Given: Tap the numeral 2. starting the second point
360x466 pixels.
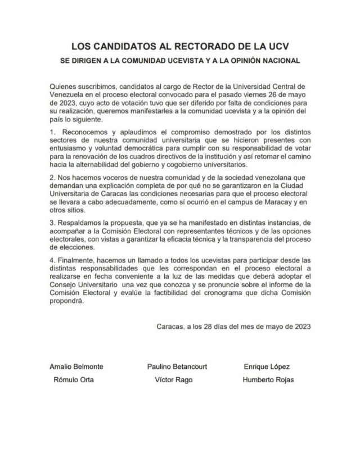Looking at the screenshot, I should click(x=52, y=177).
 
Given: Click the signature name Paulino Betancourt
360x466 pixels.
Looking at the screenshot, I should click(x=177, y=367).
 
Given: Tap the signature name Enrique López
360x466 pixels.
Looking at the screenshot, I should click(x=267, y=367).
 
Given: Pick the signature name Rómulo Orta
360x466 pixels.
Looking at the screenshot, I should click(x=73, y=380).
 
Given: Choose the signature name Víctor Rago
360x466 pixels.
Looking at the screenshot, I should click(x=173, y=380).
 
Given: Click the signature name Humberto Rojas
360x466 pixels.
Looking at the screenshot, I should click(x=268, y=380).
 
